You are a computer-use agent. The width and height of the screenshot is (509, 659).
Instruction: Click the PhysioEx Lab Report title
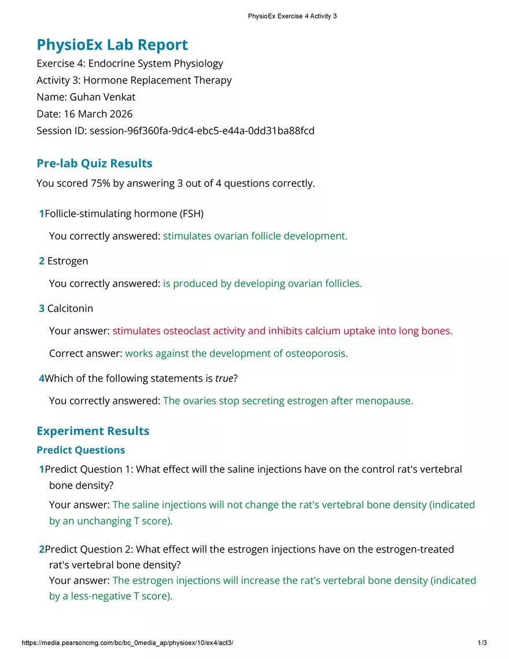point(112,45)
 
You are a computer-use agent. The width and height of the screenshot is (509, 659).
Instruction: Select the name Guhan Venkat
point(102,97)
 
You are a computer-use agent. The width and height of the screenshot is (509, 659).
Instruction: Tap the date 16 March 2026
point(97,114)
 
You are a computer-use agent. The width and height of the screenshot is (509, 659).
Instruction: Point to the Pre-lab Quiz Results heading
point(94,163)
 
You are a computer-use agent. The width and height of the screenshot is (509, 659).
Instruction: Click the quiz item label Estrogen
point(68,261)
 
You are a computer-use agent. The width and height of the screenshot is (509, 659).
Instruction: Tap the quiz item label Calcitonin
point(70,308)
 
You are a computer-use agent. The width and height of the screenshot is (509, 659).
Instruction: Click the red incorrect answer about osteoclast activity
point(282,331)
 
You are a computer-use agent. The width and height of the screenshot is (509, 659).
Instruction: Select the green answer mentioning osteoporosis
point(236,354)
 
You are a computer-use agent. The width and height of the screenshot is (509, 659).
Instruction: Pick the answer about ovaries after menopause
point(288,401)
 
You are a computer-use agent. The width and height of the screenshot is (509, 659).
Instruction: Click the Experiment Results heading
point(93,431)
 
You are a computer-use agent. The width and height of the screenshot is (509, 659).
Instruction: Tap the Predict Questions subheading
point(80,450)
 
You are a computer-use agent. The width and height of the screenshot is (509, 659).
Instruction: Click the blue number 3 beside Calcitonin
point(42,308)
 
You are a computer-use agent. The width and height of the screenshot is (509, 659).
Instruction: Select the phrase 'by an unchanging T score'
point(110,521)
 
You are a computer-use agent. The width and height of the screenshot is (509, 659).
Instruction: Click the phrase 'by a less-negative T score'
point(110,596)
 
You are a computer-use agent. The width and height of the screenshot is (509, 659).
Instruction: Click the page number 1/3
point(482,643)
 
